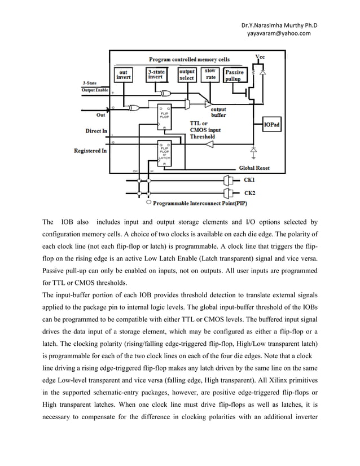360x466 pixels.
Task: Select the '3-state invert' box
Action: [156, 74]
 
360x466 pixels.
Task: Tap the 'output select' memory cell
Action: [187, 74]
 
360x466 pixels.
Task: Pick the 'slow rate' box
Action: [210, 74]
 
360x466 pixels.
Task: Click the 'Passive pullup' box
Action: [234, 76]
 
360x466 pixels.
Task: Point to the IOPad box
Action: [271, 125]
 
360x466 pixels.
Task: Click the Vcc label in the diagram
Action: [260, 57]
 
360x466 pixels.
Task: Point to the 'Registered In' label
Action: [90, 151]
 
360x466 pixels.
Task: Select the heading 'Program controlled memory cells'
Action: [188, 59]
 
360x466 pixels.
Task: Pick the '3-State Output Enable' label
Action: [94, 87]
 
